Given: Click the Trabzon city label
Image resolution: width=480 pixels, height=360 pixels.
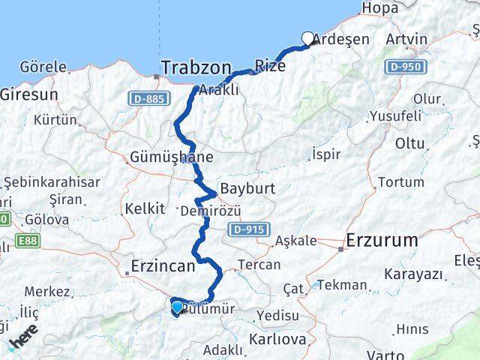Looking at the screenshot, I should tap(196, 68).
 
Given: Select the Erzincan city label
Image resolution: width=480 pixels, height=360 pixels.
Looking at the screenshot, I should tap(163, 265).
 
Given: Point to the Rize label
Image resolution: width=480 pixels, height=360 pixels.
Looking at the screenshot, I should tap(270, 65).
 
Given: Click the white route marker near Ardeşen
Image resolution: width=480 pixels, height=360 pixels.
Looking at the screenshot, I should tap(307, 38).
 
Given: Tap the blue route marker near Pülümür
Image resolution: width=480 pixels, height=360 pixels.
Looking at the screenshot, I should tap(176, 307).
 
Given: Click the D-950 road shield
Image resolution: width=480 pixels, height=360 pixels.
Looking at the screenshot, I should tap(406, 67).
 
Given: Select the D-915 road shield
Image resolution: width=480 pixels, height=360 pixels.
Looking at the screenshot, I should tap(247, 229).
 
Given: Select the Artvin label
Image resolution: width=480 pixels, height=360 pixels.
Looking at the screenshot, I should tap(406, 39).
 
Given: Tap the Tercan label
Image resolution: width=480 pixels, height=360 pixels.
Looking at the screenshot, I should tap(259, 265).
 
